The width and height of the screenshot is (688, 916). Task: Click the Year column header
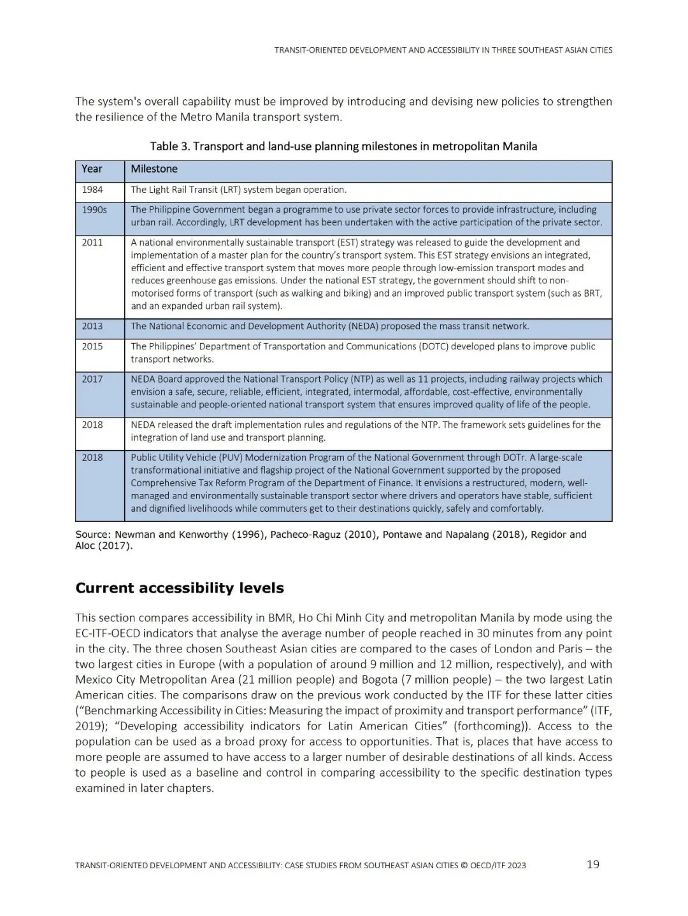(x=92, y=169)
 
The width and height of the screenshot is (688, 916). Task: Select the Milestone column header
(x=154, y=169)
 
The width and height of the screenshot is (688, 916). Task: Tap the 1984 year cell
(x=92, y=190)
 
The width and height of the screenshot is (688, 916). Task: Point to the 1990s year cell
(x=94, y=210)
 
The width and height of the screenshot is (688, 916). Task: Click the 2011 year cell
(x=92, y=243)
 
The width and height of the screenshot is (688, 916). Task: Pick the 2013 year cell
(x=92, y=327)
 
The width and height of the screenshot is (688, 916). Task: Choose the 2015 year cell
(x=92, y=347)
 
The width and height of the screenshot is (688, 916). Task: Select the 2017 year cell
(x=92, y=379)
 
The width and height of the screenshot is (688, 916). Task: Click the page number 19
(x=592, y=864)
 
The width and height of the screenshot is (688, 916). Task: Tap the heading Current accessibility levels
(x=180, y=588)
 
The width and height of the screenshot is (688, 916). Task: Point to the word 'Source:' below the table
(x=93, y=535)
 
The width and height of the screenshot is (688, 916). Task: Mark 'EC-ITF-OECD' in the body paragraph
(x=106, y=633)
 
